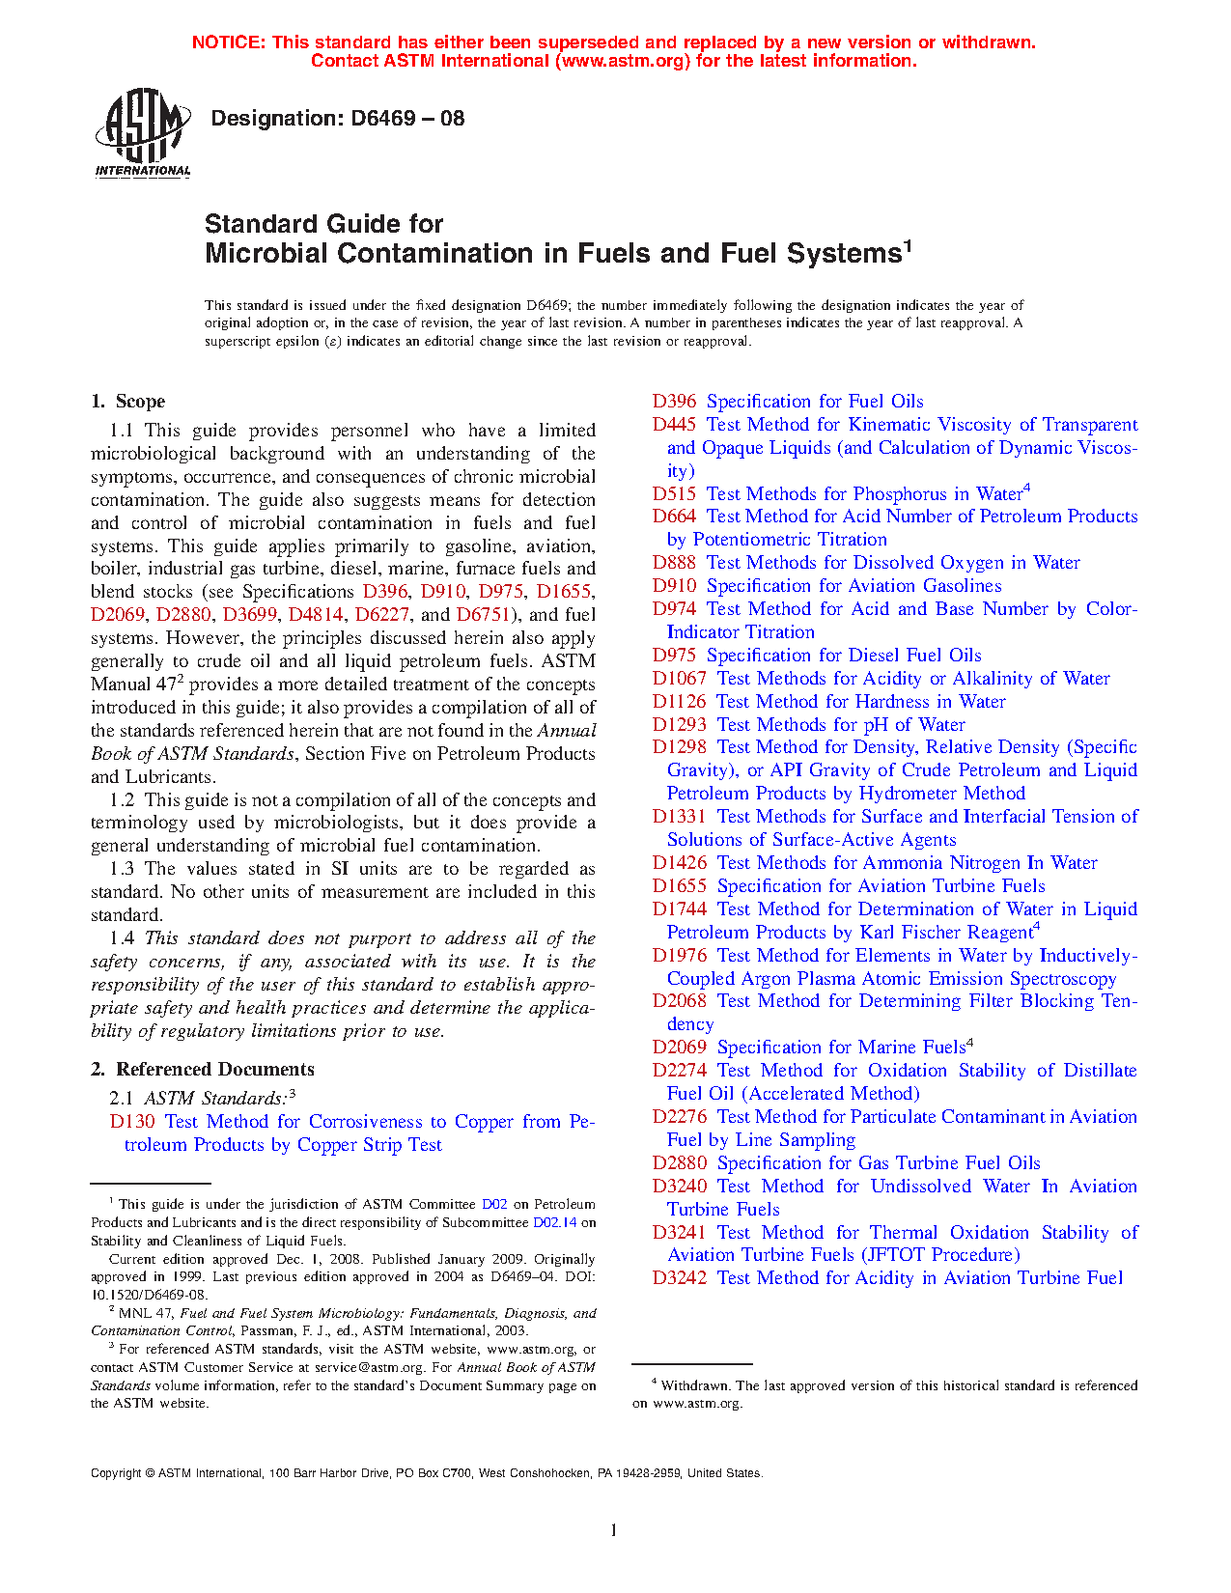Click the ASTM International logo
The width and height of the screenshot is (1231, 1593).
[142, 133]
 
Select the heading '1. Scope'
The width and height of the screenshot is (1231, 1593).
[128, 402]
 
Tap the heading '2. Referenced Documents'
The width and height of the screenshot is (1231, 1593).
[203, 1070]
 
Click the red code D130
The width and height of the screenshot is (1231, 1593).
[132, 1122]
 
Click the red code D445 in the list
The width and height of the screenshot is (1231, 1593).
[674, 425]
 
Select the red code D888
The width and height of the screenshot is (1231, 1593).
[674, 563]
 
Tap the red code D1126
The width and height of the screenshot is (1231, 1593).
[679, 702]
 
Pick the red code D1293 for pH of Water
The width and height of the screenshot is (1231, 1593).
[679, 725]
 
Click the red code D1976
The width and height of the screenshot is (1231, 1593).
[679, 956]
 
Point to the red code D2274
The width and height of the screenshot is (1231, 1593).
[679, 1071]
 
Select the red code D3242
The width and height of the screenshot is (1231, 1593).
[679, 1278]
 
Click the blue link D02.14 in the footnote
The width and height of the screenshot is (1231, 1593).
[554, 1223]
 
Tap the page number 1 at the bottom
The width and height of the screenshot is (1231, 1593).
[614, 1530]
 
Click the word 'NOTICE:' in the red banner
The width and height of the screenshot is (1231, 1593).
[229, 42]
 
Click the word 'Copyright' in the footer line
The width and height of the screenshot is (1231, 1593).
[116, 1473]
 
